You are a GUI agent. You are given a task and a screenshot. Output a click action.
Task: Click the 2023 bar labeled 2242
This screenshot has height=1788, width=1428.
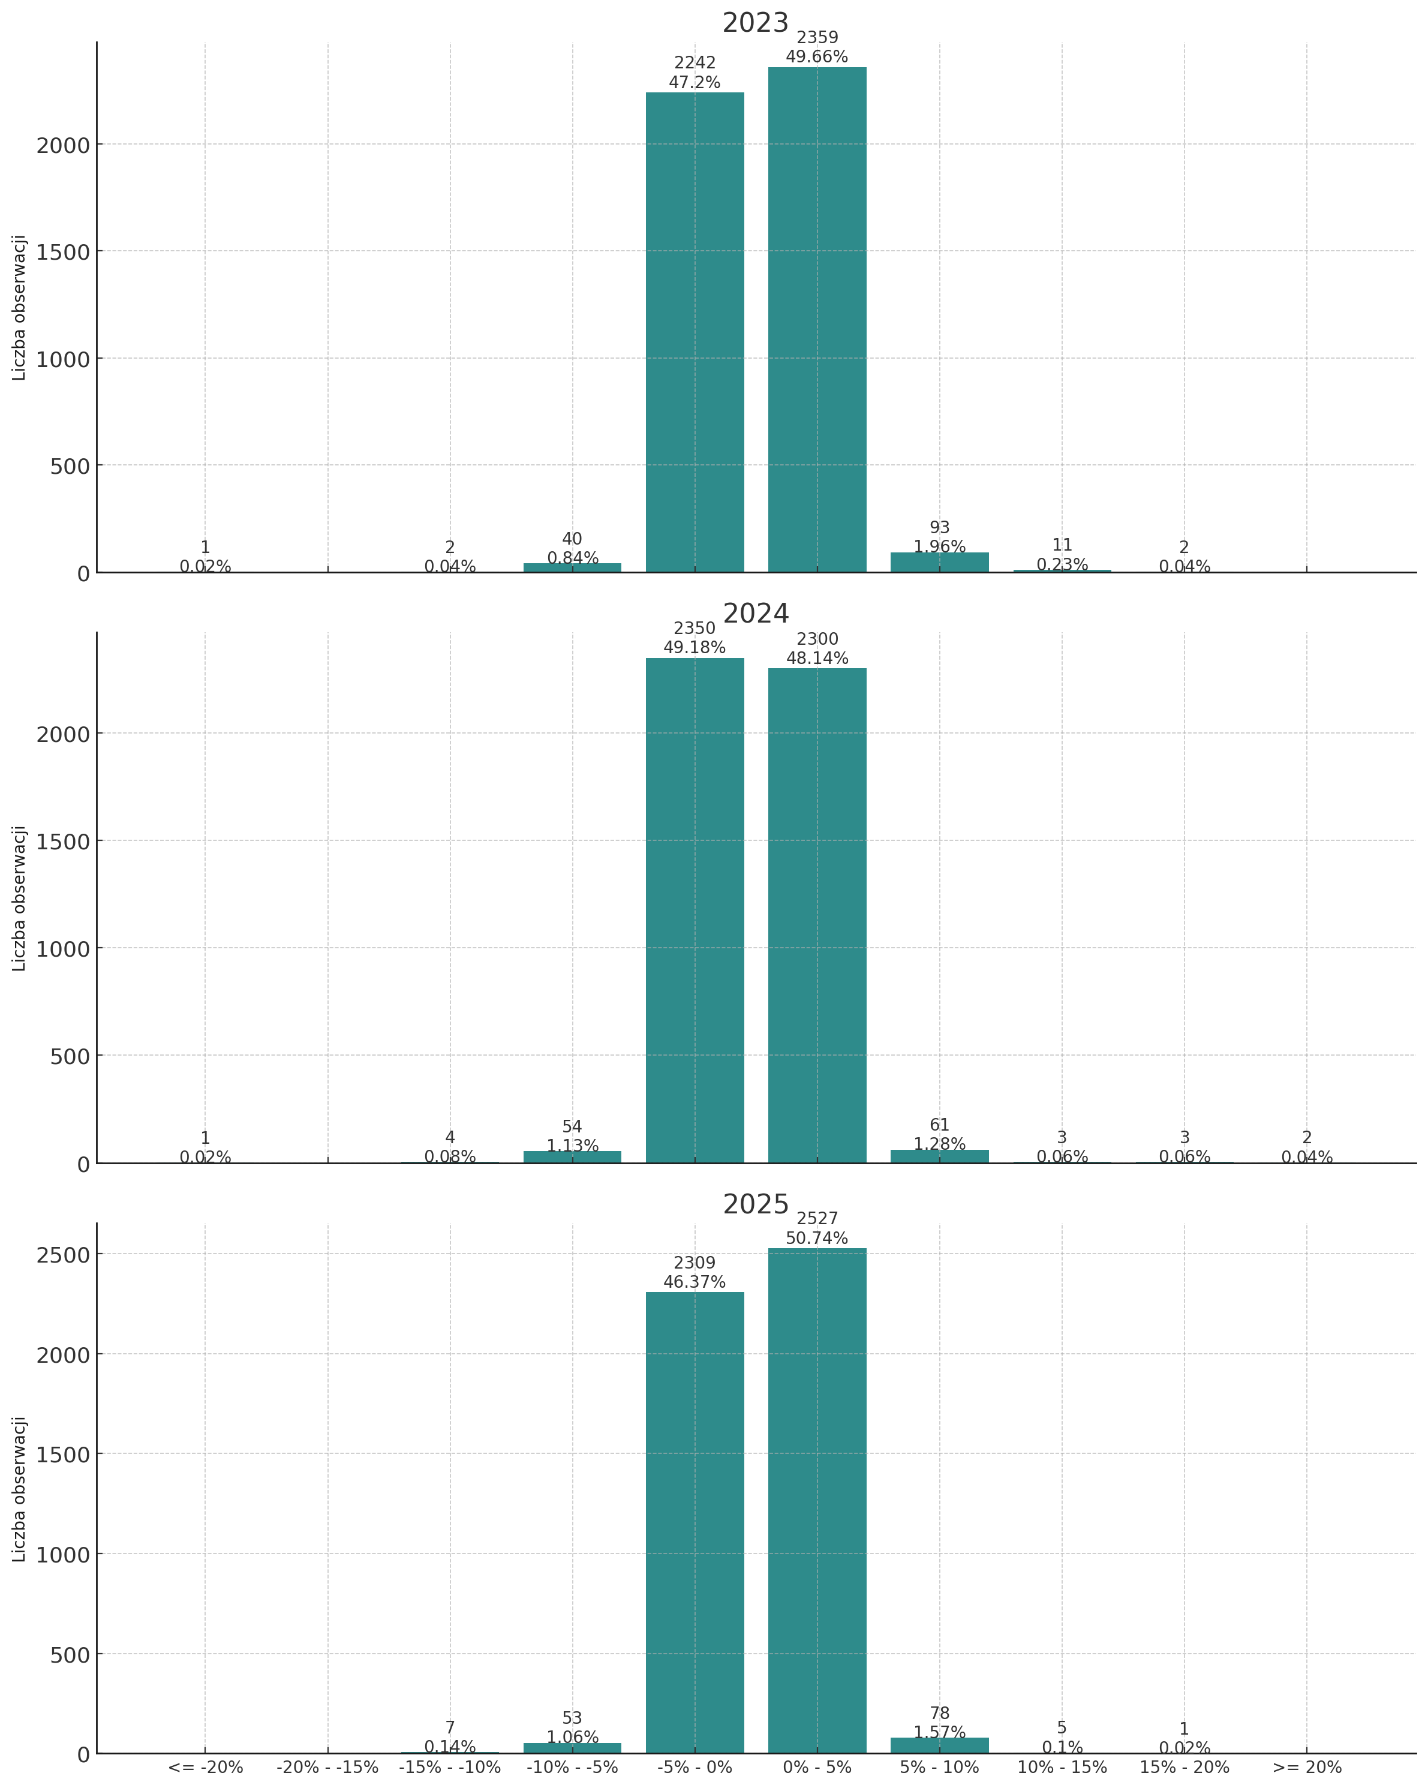[695, 332]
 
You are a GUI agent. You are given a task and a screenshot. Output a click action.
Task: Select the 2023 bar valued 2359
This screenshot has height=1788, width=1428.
[817, 319]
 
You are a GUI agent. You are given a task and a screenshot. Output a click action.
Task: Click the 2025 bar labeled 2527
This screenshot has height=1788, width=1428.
[817, 1501]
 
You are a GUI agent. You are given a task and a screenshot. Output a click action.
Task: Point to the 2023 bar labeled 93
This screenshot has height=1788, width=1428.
[940, 562]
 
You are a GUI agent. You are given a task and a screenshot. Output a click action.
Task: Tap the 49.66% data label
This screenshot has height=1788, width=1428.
[817, 57]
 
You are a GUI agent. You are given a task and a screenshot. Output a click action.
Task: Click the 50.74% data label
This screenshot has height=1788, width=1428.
[817, 1238]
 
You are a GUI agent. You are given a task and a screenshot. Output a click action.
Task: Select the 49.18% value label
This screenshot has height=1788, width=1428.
[695, 648]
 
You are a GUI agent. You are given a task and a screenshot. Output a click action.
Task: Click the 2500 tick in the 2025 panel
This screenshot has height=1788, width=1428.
[62, 1255]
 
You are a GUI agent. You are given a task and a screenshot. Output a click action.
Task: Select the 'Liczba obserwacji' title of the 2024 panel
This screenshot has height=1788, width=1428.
[20, 898]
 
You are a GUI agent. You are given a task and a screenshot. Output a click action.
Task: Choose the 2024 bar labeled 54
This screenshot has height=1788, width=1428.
[572, 1157]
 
